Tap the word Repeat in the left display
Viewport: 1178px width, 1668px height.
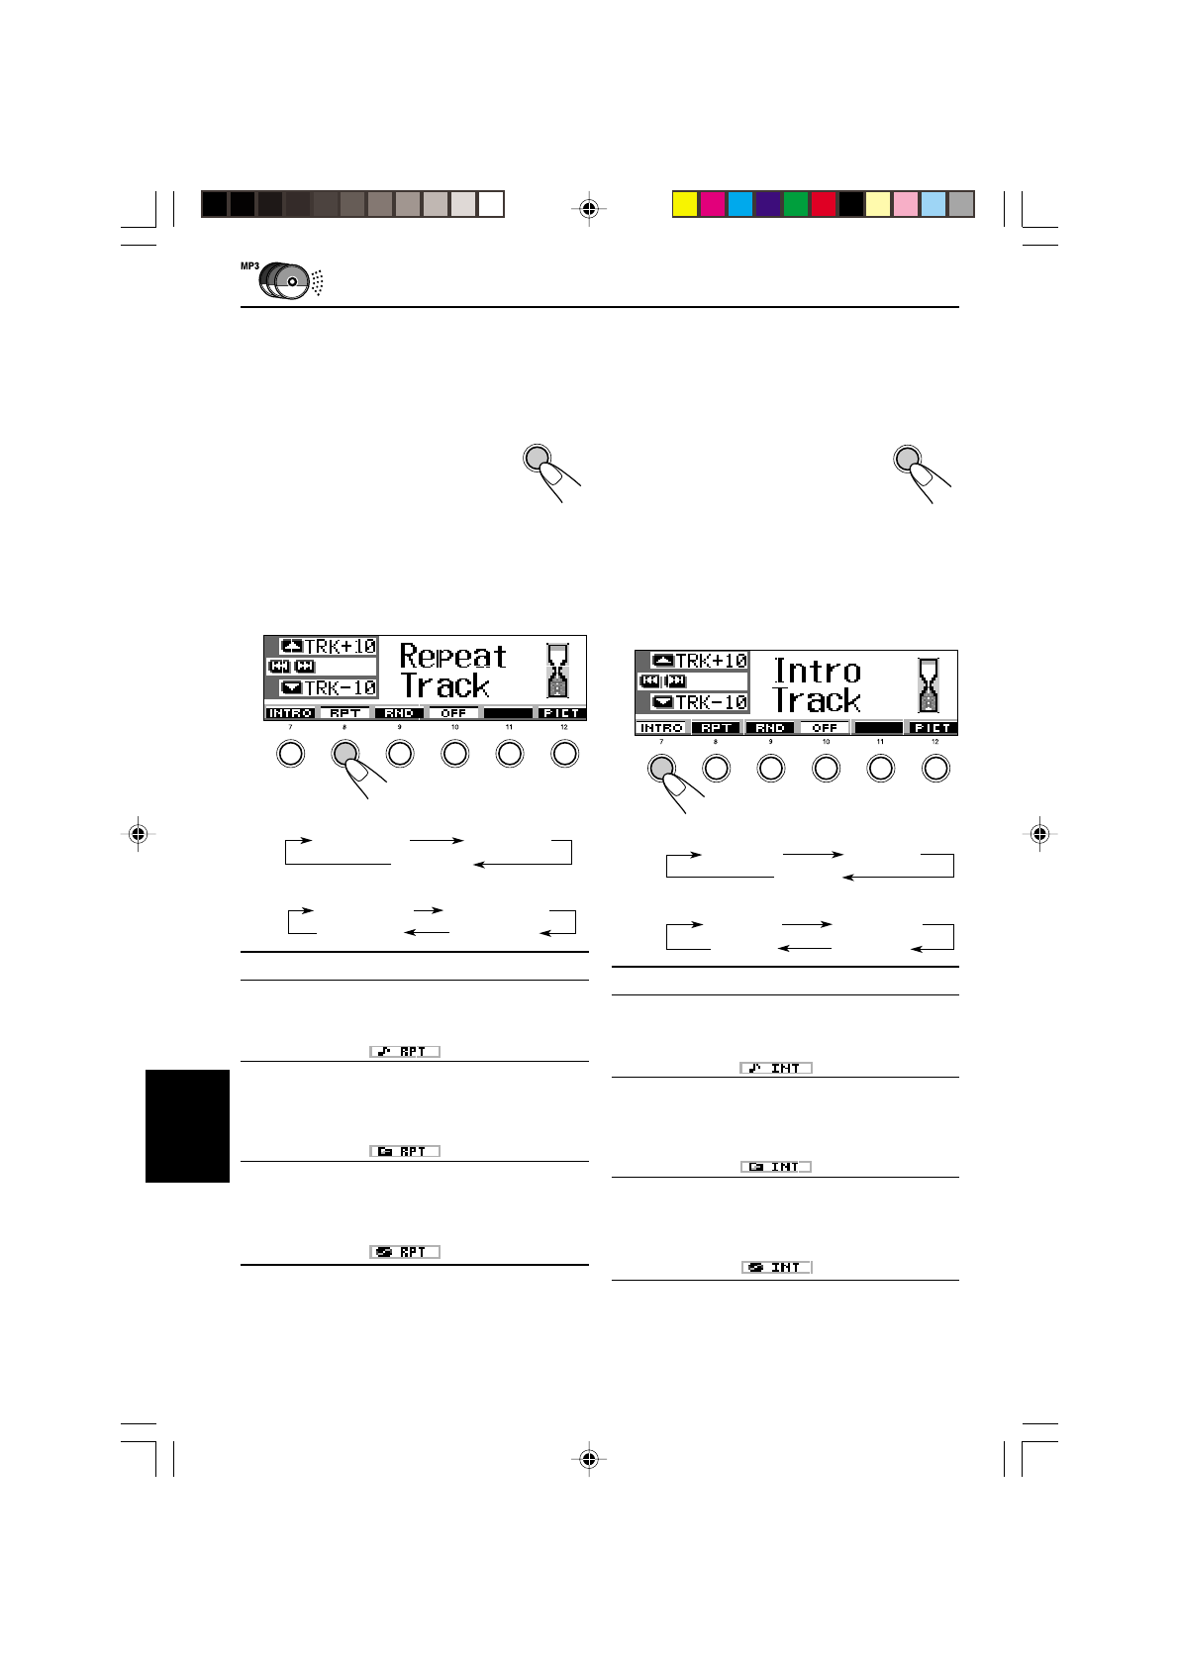tap(452, 656)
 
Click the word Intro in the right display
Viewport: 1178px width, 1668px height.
tap(817, 671)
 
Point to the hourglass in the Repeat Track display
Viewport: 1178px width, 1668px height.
tap(558, 670)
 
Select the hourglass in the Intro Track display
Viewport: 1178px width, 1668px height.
tap(929, 684)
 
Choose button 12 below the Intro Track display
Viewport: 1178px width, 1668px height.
tap(935, 768)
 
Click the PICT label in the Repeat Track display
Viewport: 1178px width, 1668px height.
tap(561, 713)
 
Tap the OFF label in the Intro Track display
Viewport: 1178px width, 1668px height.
tap(825, 728)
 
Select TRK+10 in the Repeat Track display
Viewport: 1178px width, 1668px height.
tap(329, 646)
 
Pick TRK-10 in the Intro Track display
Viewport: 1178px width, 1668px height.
tap(700, 702)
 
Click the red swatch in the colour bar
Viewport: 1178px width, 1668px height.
tap(823, 204)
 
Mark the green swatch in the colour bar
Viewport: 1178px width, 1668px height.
tap(795, 204)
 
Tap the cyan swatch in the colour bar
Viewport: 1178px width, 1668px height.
tap(739, 204)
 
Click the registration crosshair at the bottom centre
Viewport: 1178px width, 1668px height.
tap(589, 1458)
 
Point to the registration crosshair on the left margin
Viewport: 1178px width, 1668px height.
tap(139, 834)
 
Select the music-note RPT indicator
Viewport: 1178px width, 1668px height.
tap(405, 1051)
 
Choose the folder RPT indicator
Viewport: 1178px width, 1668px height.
tap(405, 1151)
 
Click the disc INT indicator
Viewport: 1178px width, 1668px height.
tap(776, 1267)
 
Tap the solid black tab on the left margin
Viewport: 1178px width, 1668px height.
tap(187, 1125)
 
